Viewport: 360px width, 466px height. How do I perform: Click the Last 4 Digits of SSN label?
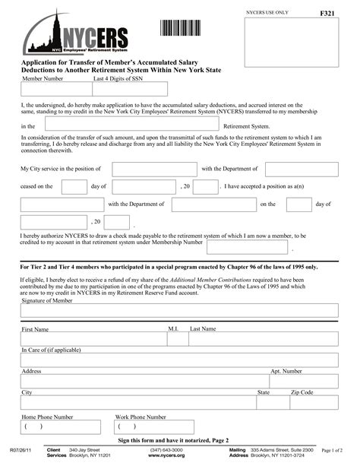click(118, 78)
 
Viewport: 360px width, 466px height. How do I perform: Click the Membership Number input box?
click(247, 246)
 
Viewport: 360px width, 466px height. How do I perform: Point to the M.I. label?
click(172, 328)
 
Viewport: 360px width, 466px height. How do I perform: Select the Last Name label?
click(203, 328)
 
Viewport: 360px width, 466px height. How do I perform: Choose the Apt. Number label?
click(286, 371)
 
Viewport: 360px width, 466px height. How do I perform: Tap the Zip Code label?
click(302, 392)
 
